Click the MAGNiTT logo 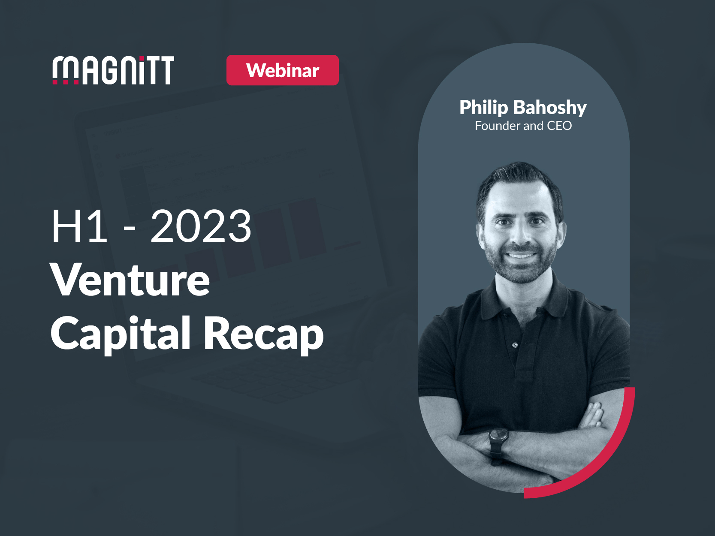pos(113,70)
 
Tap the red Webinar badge pos(282,70)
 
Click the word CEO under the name pos(559,126)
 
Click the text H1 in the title pos(79,226)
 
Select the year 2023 pos(201,226)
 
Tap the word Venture pos(130,280)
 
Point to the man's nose pos(520,236)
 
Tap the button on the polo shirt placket pos(515,345)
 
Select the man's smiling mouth pos(521,256)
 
